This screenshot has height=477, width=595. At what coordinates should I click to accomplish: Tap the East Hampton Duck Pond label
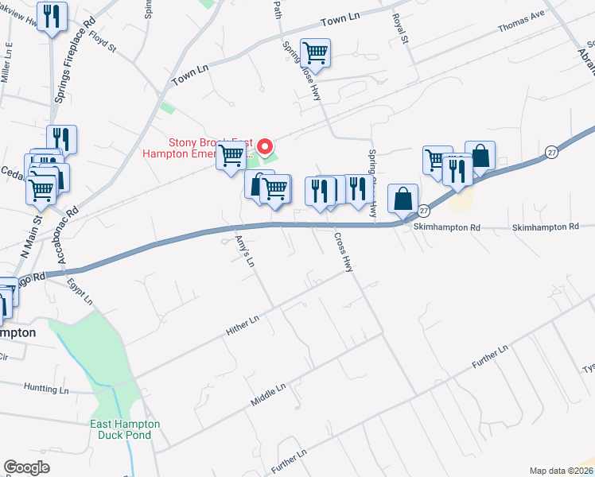[126, 429]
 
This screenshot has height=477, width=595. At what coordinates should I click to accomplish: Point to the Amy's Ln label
[244, 250]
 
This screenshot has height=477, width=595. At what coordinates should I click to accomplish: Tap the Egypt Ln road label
[80, 291]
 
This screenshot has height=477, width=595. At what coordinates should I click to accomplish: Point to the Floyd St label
[103, 41]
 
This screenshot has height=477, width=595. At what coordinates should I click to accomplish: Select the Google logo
[26, 467]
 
